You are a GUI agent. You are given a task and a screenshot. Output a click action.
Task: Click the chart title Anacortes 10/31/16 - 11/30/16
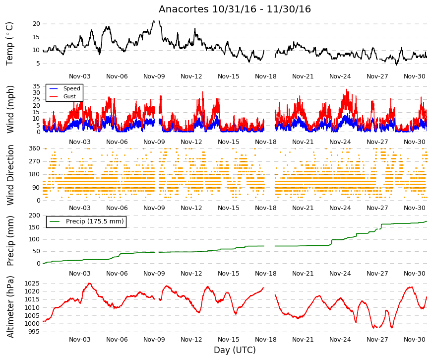click(235, 9)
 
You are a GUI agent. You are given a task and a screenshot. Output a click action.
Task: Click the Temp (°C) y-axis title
click(9, 44)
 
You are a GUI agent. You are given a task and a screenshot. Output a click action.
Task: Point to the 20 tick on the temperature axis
click(36, 24)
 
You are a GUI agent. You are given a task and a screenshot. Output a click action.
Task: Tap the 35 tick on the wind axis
click(36, 86)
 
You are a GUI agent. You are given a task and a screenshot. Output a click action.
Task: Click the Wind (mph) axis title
click(10, 109)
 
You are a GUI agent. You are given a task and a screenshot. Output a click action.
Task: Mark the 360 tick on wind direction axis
click(34, 148)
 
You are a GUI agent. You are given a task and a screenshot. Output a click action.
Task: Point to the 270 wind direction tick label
click(34, 161)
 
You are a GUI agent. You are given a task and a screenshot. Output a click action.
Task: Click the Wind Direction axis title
click(10, 175)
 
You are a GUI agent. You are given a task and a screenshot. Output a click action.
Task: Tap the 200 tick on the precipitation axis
click(34, 216)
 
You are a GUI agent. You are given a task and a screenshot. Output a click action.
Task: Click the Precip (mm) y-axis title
click(10, 241)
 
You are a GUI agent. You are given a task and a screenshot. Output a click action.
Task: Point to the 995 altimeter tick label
click(34, 332)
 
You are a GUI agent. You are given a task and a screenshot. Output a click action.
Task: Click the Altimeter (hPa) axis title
click(10, 307)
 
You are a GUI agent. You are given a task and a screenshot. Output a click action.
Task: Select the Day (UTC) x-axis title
click(235, 350)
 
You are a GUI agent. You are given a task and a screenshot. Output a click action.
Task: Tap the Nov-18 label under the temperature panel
click(265, 76)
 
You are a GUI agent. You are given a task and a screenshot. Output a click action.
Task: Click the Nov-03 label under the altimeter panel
click(80, 340)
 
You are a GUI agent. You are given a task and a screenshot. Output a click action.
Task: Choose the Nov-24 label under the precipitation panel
click(340, 274)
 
